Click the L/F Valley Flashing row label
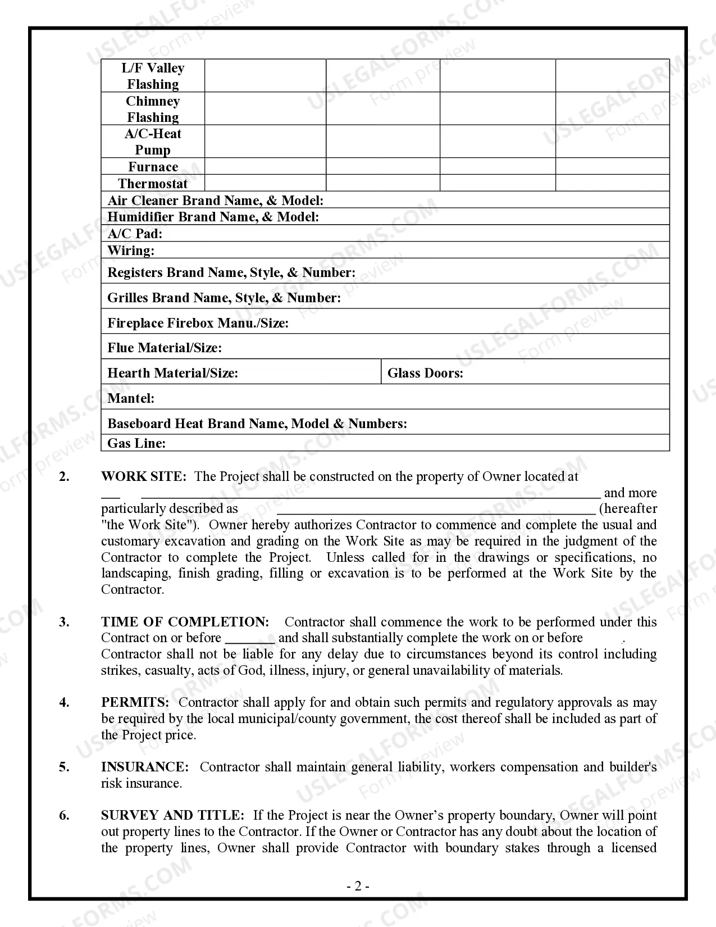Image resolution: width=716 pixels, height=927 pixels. coord(153,76)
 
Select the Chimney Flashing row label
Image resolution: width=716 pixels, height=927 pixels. coord(153,109)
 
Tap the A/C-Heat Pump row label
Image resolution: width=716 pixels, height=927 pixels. coord(153,142)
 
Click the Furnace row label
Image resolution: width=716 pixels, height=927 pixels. coord(153,167)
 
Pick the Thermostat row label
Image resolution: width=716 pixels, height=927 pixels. coord(153,184)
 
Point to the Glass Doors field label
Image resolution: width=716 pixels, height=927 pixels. coord(425,373)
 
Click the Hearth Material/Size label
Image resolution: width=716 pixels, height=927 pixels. coord(172,373)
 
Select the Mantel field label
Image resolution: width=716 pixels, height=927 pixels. coord(131,398)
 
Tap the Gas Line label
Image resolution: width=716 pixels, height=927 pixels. coord(136,443)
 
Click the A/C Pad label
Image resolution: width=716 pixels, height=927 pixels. coord(135,234)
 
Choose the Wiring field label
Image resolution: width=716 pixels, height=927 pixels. coord(131,251)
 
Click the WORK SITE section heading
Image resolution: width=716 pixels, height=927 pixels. coord(143,476)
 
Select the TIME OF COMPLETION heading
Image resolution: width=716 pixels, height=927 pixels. coord(185,622)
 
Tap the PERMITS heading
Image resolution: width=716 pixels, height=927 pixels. coord(135,702)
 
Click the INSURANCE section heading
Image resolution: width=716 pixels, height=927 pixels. coord(145,767)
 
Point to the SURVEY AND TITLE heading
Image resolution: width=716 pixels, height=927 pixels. coord(172,815)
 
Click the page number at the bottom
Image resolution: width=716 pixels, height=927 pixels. coord(358,886)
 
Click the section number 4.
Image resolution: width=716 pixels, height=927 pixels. coord(65,702)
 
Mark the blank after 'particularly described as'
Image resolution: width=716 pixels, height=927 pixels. coord(436,509)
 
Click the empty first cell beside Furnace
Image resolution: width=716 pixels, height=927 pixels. coord(265,166)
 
